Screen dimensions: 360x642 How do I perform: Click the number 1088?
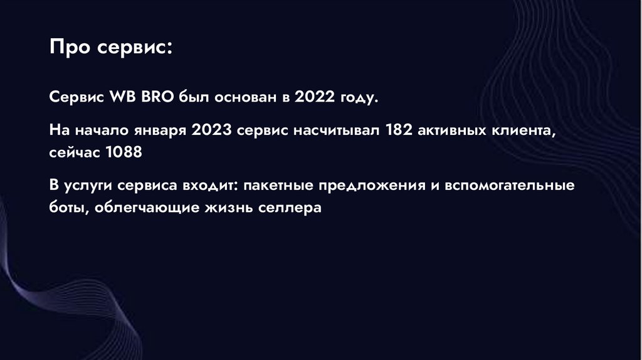tap(124, 152)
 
